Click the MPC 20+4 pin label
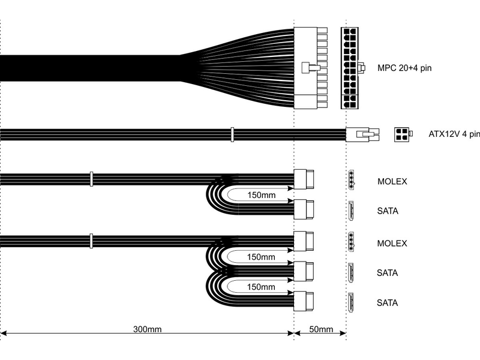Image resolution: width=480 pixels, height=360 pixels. pyautogui.click(x=404, y=68)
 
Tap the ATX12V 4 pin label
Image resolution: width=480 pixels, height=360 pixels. pyautogui.click(x=454, y=134)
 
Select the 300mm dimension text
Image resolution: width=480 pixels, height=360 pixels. pyautogui.click(x=147, y=329)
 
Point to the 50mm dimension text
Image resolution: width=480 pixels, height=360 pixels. pyautogui.click(x=321, y=329)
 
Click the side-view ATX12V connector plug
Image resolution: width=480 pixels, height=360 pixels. pyautogui.click(x=363, y=134)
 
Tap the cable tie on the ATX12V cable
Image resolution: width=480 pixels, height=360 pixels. pyautogui.click(x=232, y=134)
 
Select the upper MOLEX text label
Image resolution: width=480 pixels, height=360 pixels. pyautogui.click(x=392, y=182)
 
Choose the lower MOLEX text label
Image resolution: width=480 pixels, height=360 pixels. pyautogui.click(x=392, y=244)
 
